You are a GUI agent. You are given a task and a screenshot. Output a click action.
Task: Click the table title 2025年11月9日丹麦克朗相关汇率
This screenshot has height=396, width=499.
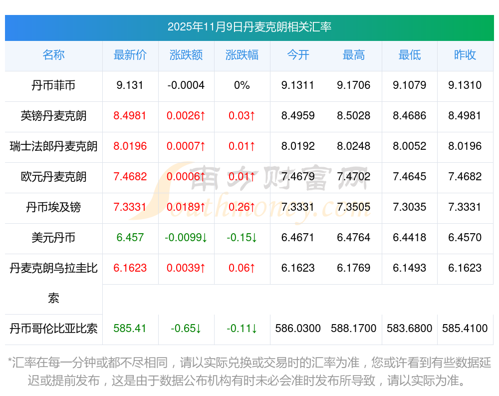tap(249, 27)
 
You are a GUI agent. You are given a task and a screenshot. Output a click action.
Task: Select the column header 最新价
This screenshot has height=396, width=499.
tap(130, 55)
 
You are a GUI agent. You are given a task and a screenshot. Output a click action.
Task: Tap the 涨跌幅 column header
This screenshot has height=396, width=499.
tap(242, 55)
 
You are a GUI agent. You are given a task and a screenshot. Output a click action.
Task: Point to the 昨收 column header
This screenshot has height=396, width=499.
tap(465, 55)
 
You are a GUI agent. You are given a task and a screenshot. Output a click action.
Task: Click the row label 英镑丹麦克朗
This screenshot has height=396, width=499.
tap(53, 116)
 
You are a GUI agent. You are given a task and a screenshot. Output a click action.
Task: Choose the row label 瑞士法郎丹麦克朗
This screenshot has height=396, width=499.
tap(53, 146)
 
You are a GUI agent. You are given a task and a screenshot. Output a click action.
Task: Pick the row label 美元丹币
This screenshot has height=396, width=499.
tap(53, 238)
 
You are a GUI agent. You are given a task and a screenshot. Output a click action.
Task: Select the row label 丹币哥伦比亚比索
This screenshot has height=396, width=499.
tap(53, 329)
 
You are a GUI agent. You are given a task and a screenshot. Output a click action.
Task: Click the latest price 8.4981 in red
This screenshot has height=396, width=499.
tap(130, 116)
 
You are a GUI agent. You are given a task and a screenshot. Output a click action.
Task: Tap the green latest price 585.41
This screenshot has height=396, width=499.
tap(130, 329)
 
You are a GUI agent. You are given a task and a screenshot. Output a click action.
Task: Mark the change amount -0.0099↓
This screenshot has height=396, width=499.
tap(186, 238)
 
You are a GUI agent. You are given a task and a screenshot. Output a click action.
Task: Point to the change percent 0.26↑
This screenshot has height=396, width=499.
tap(242, 207)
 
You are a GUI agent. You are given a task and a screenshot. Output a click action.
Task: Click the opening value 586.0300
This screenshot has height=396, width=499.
tap(298, 329)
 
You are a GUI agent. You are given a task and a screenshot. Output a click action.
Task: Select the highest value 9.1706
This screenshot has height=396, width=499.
tap(353, 85)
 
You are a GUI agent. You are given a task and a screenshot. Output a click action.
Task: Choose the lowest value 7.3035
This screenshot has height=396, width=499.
tap(409, 207)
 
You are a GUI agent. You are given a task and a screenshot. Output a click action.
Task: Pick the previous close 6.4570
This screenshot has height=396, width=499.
tap(465, 238)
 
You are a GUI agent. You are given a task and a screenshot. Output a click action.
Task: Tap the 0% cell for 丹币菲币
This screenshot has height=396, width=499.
tap(242, 85)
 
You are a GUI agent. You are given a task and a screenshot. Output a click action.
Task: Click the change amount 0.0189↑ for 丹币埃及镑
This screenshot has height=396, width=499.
tap(186, 207)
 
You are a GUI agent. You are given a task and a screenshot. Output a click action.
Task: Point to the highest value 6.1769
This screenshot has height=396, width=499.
tap(353, 268)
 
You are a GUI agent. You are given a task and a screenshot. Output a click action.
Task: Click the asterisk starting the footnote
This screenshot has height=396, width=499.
tap(9, 361)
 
